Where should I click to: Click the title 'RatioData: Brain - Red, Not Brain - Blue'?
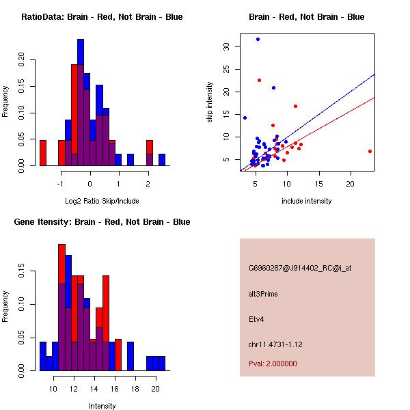coord(102,17)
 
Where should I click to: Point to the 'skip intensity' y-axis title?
coord(210,102)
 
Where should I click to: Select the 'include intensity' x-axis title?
coord(307,201)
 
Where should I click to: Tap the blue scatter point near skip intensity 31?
coord(258,39)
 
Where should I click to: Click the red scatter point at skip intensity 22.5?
coord(259,80)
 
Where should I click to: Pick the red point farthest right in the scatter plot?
coord(370,151)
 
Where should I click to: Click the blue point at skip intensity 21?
coord(273,87)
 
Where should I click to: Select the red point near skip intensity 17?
coord(295,106)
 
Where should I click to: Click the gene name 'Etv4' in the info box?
coord(256,318)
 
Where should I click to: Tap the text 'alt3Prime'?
coord(263,294)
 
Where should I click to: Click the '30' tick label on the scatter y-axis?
coord(228,46)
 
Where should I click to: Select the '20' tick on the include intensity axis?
coord(351,184)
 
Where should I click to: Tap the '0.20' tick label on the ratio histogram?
coord(21,59)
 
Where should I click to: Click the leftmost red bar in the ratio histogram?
coord(43,152)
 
